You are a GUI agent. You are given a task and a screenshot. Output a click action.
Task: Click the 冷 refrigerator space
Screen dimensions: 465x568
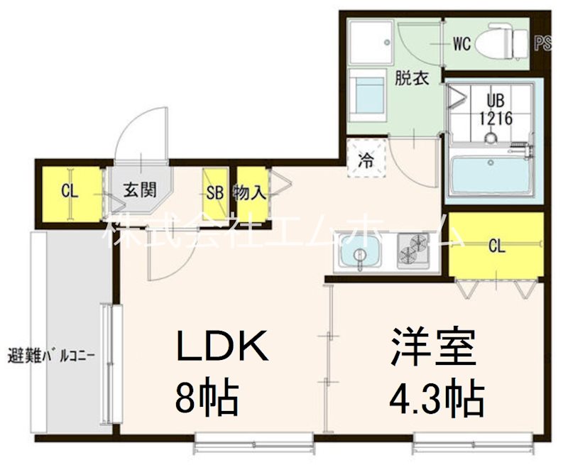coord(366,159)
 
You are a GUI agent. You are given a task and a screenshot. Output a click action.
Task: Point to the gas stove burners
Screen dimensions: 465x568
coord(413,251)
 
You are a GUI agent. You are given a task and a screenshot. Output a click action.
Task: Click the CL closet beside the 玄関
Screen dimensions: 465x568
coord(70,192)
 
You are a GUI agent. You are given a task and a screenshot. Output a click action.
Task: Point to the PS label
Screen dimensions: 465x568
coord(543,43)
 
